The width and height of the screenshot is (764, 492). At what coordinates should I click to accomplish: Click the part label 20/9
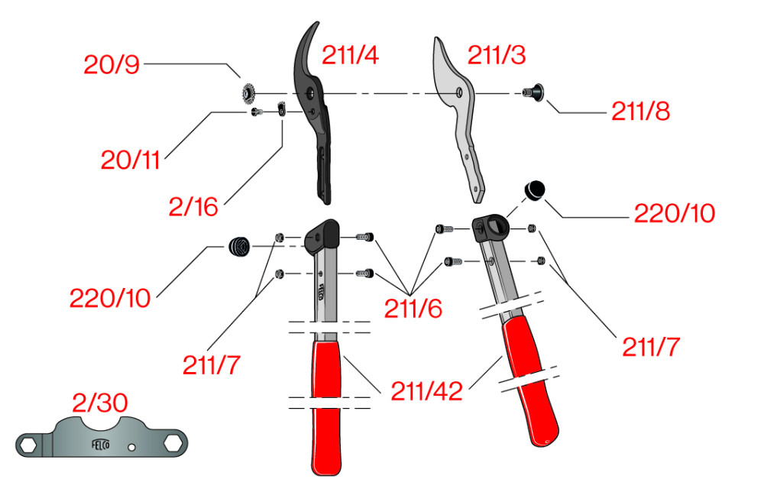(112, 64)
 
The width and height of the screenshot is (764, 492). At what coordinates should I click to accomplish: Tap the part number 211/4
(350, 54)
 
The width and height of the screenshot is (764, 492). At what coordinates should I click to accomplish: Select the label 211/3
(497, 54)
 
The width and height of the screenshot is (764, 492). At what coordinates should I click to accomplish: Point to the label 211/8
(641, 111)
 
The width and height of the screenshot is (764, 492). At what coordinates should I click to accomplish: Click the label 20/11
(130, 160)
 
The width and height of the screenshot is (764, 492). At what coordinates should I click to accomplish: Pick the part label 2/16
(193, 207)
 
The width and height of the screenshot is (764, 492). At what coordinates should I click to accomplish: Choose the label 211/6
(413, 309)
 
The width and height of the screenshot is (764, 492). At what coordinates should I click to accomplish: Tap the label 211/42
(427, 390)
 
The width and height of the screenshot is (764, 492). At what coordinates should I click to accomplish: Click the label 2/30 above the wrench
(100, 403)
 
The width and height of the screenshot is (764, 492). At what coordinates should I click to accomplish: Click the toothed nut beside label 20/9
(248, 92)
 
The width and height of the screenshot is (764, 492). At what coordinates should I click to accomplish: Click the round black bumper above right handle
(535, 190)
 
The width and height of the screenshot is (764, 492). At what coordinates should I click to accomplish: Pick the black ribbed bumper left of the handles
(239, 247)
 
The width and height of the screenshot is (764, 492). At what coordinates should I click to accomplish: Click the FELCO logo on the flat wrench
(101, 445)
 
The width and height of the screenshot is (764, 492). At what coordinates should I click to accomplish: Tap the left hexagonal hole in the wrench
(29, 445)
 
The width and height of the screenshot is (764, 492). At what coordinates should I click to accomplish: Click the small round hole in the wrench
(131, 447)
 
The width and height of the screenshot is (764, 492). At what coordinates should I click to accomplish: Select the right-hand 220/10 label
(675, 213)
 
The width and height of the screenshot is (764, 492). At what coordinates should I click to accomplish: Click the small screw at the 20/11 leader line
(256, 112)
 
